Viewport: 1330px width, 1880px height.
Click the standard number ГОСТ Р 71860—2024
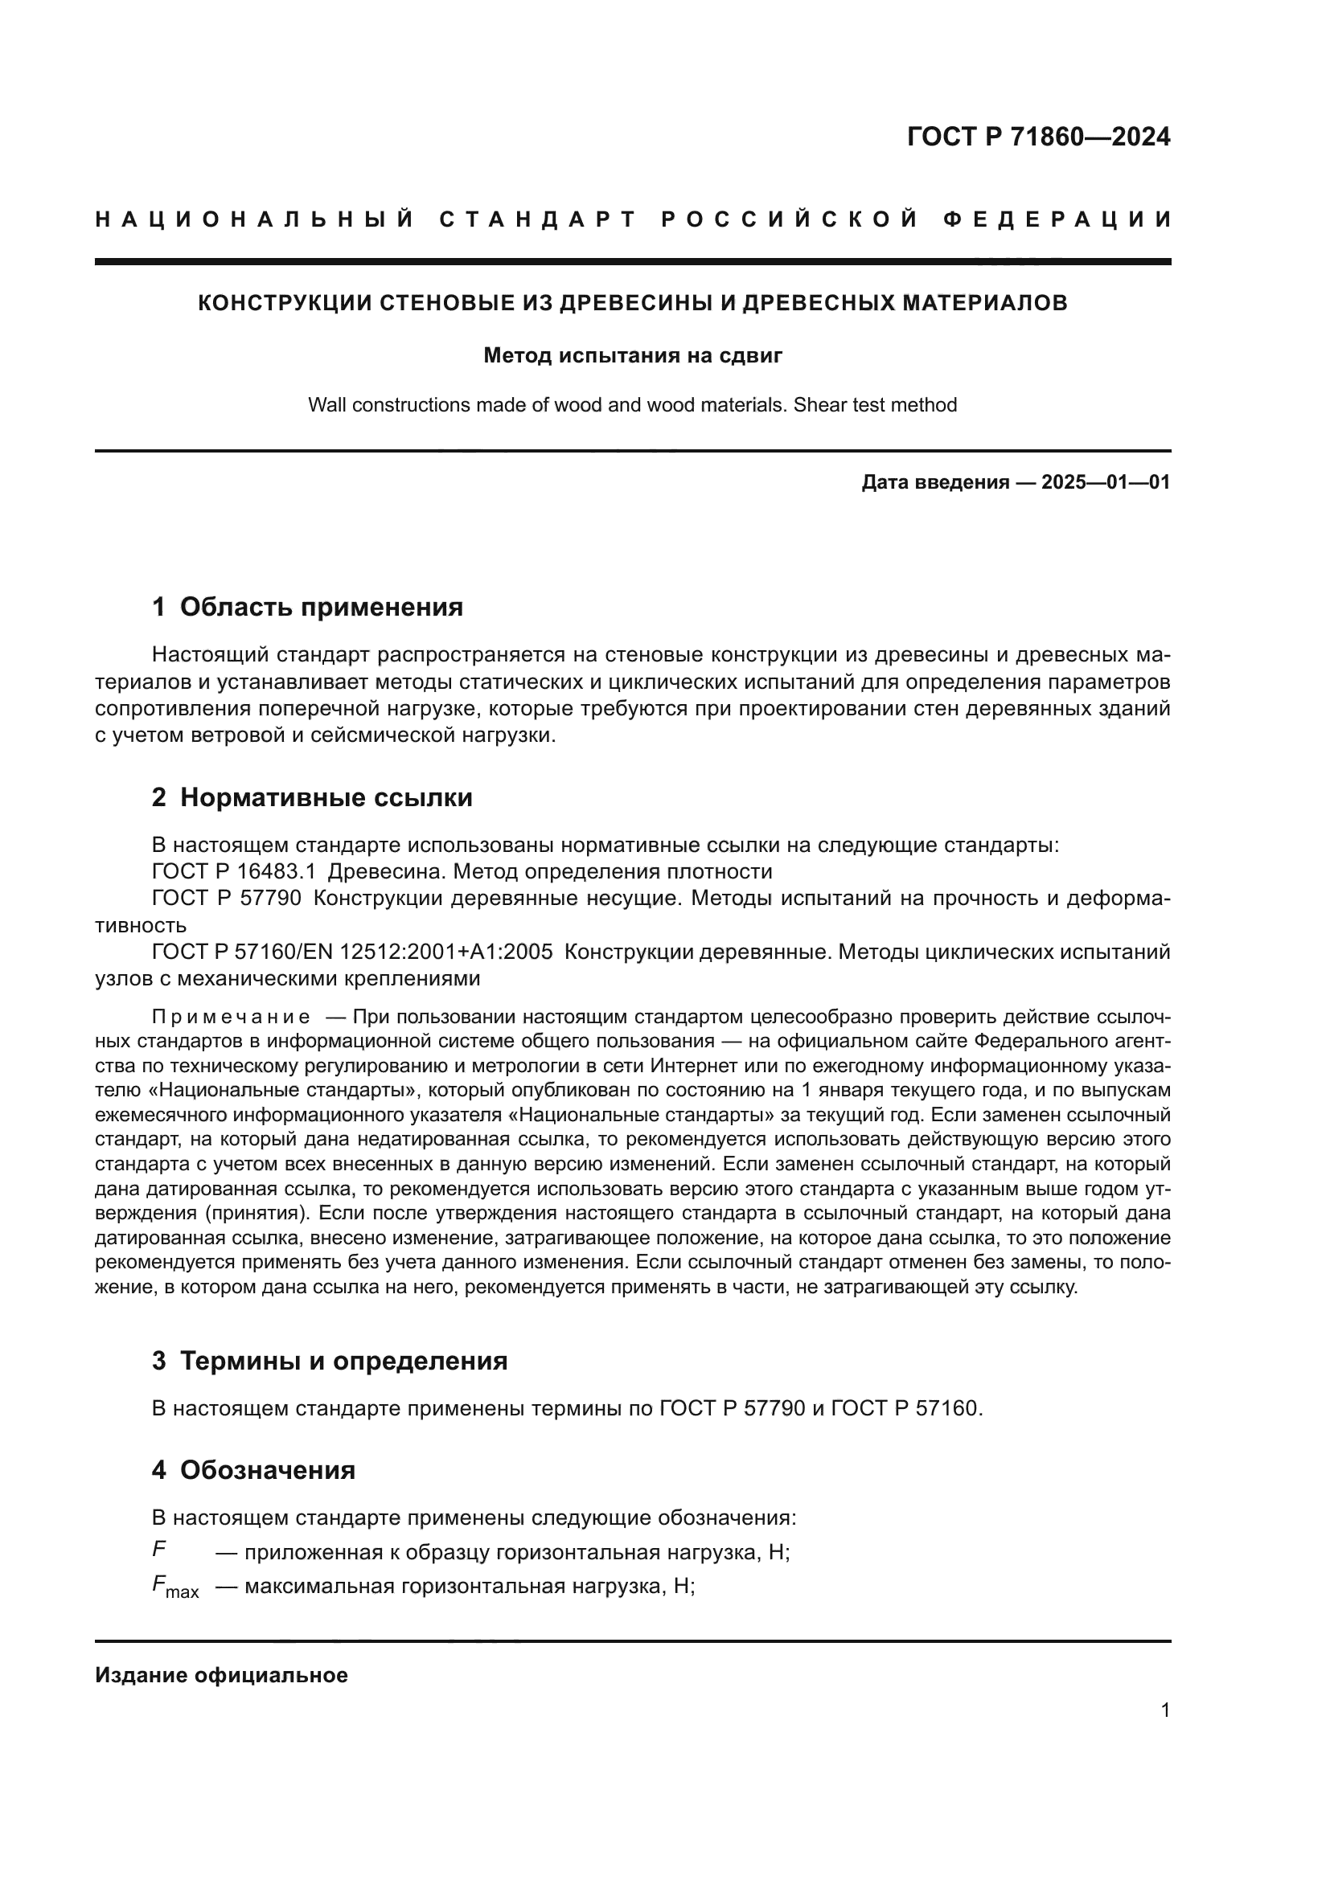coord(1037,137)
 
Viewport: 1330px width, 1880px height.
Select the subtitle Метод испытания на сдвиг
coord(632,355)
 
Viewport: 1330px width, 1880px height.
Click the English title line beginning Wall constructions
coord(632,405)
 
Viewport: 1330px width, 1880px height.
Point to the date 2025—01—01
coord(1106,482)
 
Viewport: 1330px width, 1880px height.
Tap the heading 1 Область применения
coord(307,607)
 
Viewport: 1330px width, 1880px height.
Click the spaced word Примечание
coord(231,1017)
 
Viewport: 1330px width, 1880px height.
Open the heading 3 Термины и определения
coord(329,1361)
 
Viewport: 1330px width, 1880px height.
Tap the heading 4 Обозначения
coord(253,1471)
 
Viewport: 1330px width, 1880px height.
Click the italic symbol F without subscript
coord(159,1549)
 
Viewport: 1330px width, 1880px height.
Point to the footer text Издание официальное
coord(221,1675)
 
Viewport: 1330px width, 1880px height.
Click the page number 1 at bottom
coord(1164,1710)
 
